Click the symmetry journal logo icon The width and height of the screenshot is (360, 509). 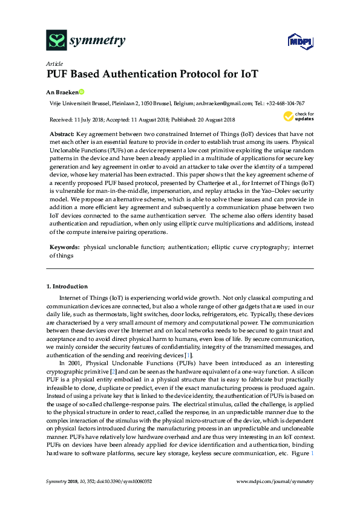point(56,41)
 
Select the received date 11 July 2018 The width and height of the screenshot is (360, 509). point(90,120)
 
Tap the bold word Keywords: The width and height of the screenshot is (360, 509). point(64,248)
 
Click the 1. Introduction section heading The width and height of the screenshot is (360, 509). point(67,286)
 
